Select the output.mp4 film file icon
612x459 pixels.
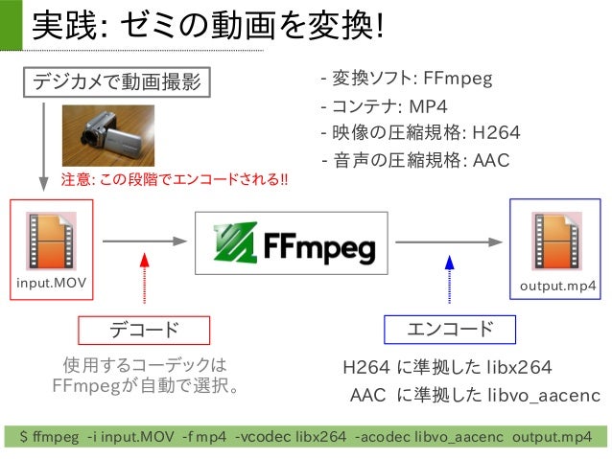point(557,241)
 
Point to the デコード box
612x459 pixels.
point(143,330)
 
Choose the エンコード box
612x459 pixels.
point(450,330)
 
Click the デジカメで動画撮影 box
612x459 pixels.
point(117,82)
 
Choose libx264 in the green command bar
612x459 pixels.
point(319,438)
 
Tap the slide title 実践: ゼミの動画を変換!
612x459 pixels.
point(207,26)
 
